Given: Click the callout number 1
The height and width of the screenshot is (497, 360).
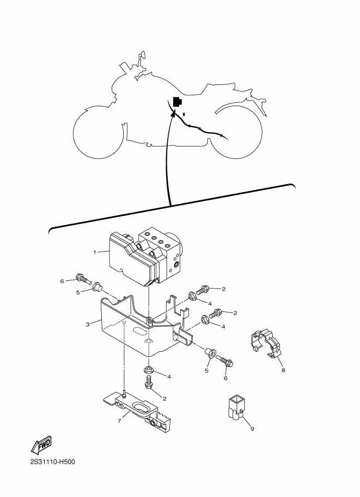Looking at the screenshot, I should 95,252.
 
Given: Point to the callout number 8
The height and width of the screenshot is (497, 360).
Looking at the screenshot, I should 283,370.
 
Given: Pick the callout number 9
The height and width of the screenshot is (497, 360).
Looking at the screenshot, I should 252,428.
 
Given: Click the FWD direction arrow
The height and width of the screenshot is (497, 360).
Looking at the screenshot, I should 41,446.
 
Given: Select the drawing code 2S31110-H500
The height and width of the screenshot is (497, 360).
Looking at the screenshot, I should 52,463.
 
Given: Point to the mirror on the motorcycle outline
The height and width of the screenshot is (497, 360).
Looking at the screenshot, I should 143,55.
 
